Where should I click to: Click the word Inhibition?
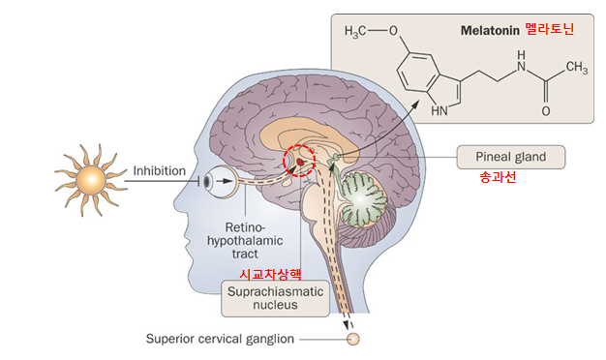coord(159,170)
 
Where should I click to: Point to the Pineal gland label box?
coord(512,156)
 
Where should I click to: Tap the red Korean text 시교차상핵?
coord(272,274)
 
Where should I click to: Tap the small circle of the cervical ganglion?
coord(353,339)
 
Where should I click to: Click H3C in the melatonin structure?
coord(360,30)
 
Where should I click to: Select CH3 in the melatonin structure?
coord(577,68)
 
